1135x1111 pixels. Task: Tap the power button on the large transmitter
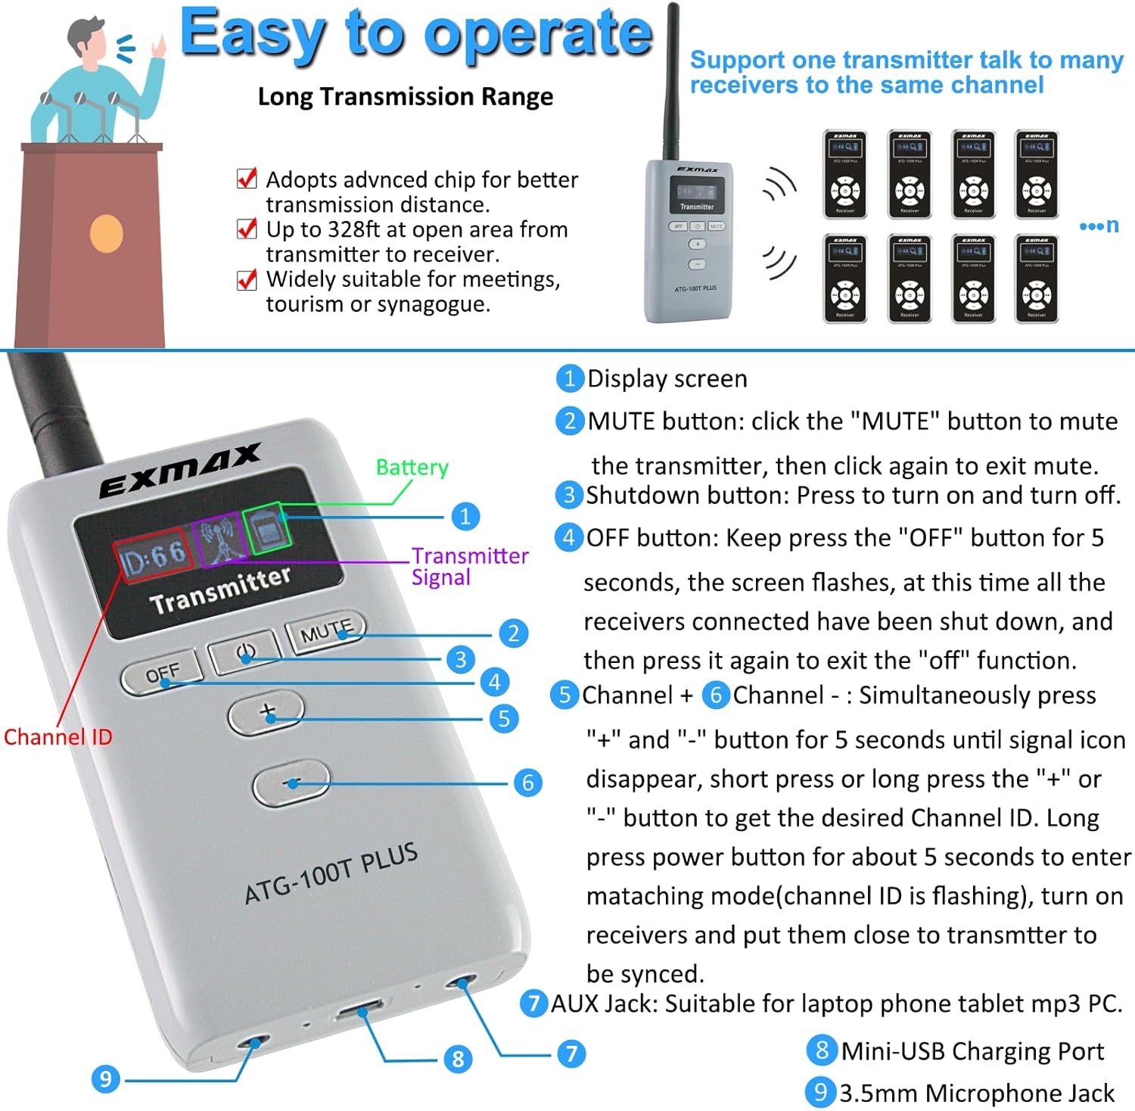(x=244, y=652)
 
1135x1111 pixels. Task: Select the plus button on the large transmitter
(x=266, y=712)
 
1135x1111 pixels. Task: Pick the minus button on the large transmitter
(x=291, y=783)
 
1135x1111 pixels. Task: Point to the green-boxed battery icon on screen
(x=267, y=527)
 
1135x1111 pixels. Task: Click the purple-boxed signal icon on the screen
(x=219, y=540)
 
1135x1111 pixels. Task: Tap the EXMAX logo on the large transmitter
(x=180, y=470)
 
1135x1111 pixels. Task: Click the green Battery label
(x=412, y=467)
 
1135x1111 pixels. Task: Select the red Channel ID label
(x=58, y=736)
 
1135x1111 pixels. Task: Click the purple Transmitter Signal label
(x=469, y=566)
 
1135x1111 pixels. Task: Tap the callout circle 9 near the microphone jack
(x=105, y=1078)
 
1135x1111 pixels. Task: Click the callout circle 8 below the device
(x=458, y=1058)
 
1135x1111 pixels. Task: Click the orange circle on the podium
(x=107, y=234)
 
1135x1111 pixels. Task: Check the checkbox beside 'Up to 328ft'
(x=247, y=229)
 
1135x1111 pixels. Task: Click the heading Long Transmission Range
(x=405, y=97)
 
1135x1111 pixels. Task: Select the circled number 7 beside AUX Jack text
(x=533, y=1004)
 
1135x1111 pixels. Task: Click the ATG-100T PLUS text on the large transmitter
(x=331, y=873)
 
